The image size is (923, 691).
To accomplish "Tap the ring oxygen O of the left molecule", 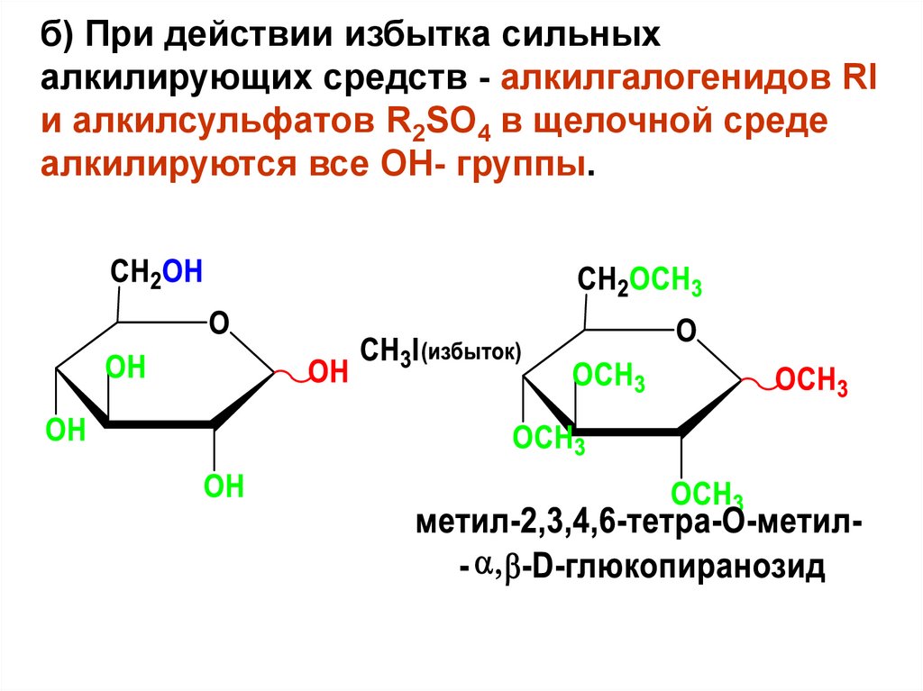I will coord(217,322).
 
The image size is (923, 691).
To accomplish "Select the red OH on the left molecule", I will coord(328,372).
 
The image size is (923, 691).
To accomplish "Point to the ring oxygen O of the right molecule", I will coord(686,331).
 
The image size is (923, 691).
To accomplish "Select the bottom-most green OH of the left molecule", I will coord(224,487).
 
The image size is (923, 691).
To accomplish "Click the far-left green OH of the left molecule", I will coord(65,431).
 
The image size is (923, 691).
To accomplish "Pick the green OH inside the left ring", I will coord(126,368).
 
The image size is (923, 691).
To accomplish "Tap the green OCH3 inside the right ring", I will coord(608,377).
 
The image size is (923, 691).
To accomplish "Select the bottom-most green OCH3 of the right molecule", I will coord(707,495).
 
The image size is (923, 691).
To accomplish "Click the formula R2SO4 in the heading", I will coord(430,122).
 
